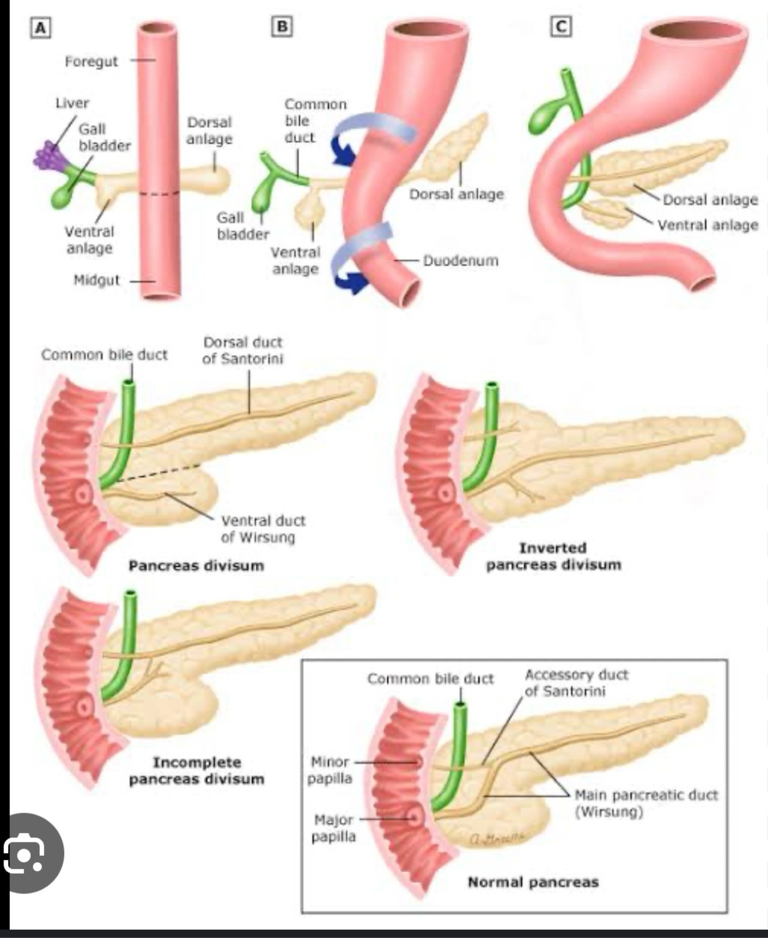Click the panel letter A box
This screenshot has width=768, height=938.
click(40, 28)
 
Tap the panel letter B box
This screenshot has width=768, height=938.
click(282, 26)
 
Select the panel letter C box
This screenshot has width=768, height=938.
click(561, 26)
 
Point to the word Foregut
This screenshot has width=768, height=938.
click(91, 61)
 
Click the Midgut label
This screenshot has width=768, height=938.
click(96, 280)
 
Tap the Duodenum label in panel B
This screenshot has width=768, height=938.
click(461, 260)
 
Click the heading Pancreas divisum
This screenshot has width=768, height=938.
click(196, 565)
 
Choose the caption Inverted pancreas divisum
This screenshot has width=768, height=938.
click(553, 556)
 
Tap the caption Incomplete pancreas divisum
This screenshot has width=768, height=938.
click(196, 770)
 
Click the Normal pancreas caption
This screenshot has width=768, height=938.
click(533, 882)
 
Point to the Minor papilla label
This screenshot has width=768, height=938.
click(329, 770)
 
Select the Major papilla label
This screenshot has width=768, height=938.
click(333, 827)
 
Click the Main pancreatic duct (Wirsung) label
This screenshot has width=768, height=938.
click(646, 803)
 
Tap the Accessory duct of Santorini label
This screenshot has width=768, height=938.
click(576, 682)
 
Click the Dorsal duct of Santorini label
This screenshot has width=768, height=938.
click(242, 350)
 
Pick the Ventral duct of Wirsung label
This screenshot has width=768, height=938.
click(263, 529)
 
